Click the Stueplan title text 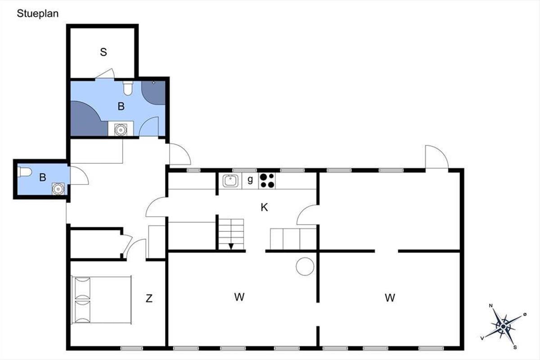pyautogui.click(x=38, y=14)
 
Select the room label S pyautogui.click(x=103, y=52)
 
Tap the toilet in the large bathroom pyautogui.click(x=128, y=88)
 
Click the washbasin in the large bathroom pyautogui.click(x=121, y=130)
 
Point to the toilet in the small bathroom pyautogui.click(x=25, y=172)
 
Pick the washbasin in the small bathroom pyautogui.click(x=58, y=189)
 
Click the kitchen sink pyautogui.click(x=230, y=181)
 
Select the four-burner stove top pyautogui.click(x=267, y=180)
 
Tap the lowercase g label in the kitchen pyautogui.click(x=250, y=180)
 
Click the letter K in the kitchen pyautogui.click(x=264, y=207)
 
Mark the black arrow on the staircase pyautogui.click(x=231, y=246)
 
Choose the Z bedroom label pyautogui.click(x=149, y=298)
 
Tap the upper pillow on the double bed pyautogui.click(x=82, y=288)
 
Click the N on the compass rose pyautogui.click(x=491, y=306)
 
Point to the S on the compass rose pyautogui.click(x=515, y=347)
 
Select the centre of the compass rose pyautogui.click(x=503, y=327)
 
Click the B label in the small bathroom pyautogui.click(x=43, y=177)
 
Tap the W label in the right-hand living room pyautogui.click(x=390, y=298)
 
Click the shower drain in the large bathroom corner pyautogui.click(x=153, y=83)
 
